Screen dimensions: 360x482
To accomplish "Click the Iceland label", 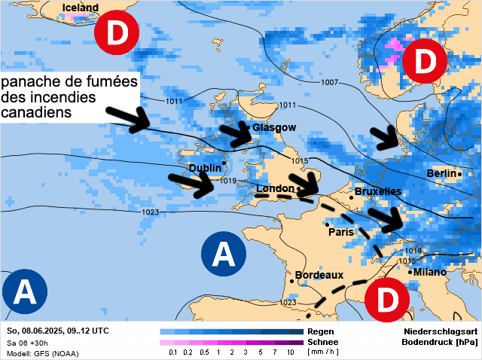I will coord(80,8).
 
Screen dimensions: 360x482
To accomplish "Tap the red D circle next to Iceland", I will coord(117,33).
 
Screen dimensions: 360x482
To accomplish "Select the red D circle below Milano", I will coord(386,300).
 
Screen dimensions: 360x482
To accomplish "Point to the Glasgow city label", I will coord(274,128).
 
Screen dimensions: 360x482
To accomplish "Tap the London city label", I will coord(275,188).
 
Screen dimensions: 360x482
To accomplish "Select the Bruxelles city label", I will coord(377,192).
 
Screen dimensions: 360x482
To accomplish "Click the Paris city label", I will coord(341,232).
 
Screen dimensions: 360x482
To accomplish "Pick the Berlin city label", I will coord(441,174).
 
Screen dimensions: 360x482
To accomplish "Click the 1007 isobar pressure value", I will coord(330,82).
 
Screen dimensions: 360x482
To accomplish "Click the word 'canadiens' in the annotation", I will coord(36,112).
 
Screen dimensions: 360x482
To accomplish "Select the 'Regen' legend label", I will coord(320,331).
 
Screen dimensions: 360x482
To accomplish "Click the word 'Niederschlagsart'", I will coord(439,331).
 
